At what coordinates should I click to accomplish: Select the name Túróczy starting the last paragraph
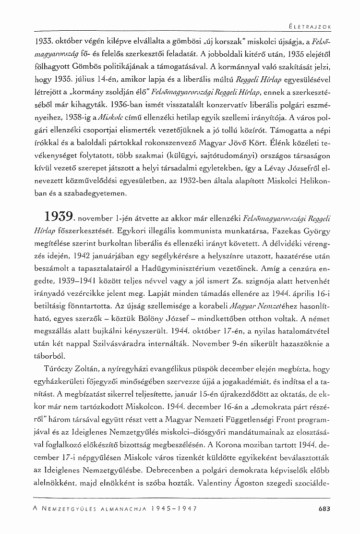(x=56, y=370)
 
